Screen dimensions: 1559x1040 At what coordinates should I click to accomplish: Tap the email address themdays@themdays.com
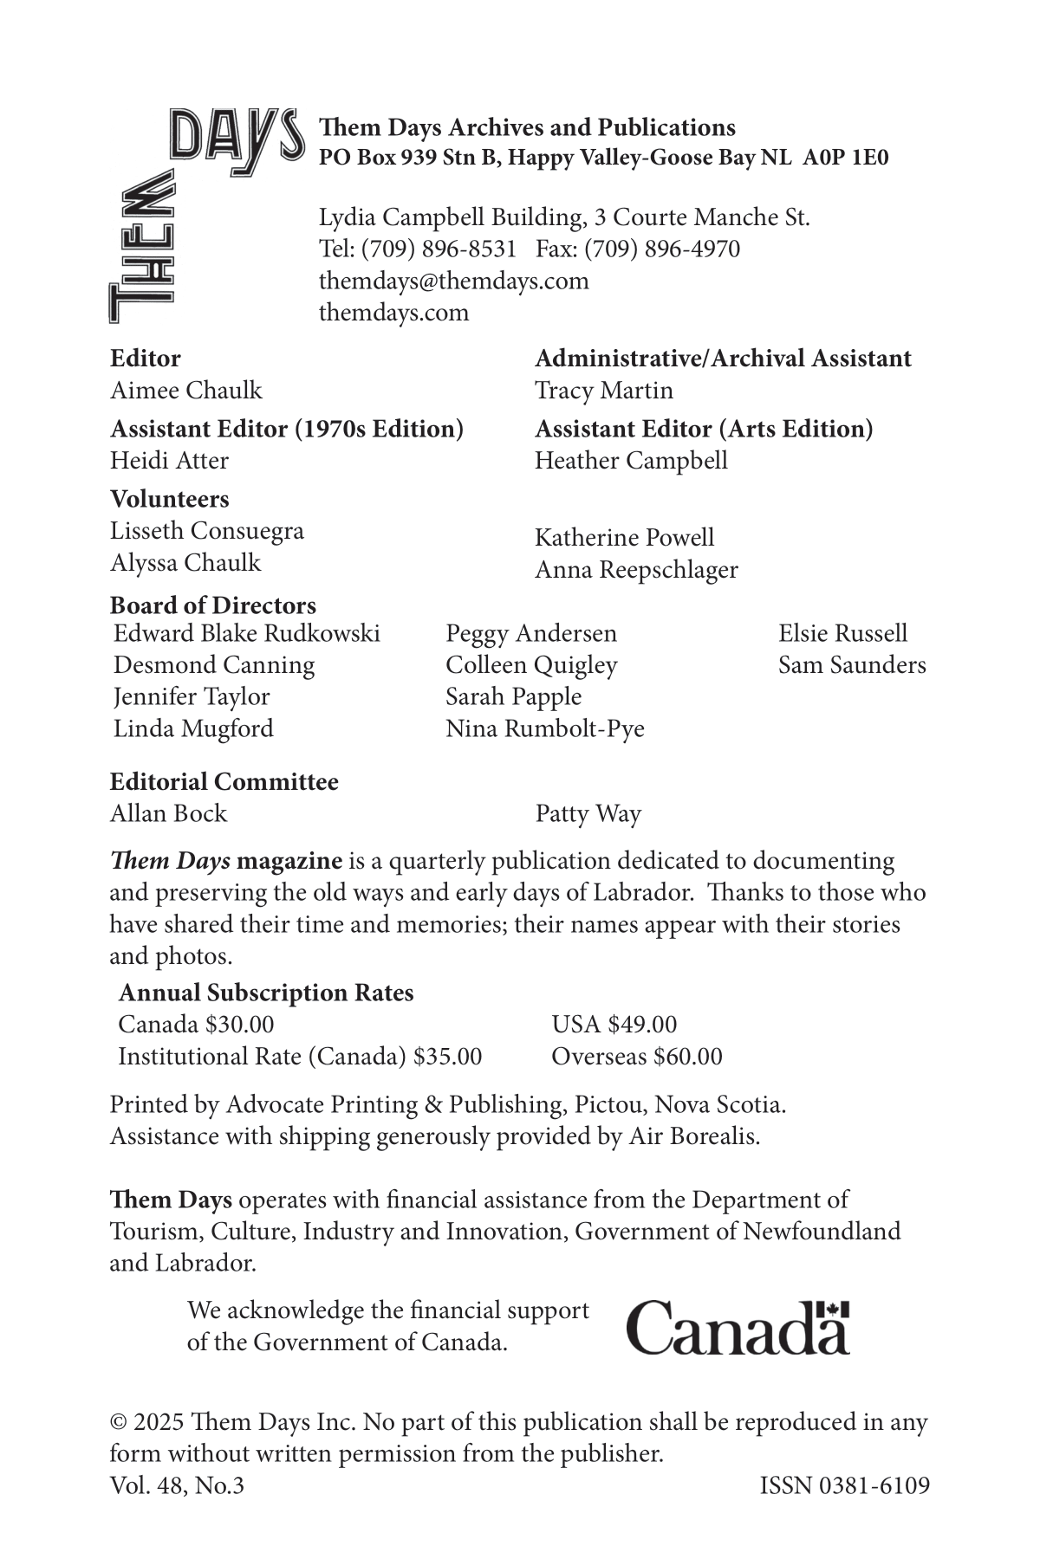453,281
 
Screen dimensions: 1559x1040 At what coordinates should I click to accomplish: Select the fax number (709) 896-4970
662,249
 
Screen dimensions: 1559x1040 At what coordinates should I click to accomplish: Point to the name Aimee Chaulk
185,390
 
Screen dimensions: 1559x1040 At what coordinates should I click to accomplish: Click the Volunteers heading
169,499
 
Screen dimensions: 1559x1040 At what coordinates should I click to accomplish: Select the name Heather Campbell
631,460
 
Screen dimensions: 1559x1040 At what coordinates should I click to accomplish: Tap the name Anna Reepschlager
636,570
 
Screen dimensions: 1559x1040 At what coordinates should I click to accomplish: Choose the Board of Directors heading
212,605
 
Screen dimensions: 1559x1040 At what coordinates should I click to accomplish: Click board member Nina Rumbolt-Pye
545,728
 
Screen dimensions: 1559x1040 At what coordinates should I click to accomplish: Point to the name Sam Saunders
851,664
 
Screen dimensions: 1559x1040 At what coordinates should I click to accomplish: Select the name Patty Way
588,813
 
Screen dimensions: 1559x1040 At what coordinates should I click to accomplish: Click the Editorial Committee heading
224,781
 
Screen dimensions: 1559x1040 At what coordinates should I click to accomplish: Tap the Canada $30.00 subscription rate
196,1024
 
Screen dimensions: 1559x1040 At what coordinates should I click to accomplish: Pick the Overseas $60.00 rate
636,1056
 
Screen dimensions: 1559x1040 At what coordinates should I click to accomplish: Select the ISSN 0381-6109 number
844,1485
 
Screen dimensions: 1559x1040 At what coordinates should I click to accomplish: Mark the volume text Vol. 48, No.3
177,1485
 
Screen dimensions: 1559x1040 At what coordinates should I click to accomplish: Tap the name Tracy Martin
603,390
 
